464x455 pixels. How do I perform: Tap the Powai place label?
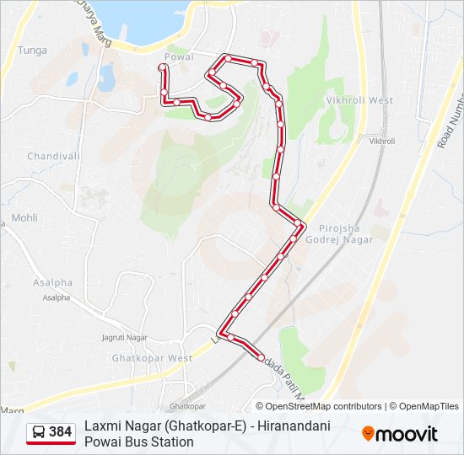click(x=179, y=56)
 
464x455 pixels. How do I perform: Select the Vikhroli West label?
click(x=359, y=100)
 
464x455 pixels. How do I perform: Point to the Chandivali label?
click(x=53, y=156)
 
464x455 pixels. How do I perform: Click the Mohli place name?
click(x=24, y=217)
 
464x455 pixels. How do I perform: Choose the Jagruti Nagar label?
click(x=124, y=337)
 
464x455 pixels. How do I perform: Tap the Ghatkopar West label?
click(x=152, y=358)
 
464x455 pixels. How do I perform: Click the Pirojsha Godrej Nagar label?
click(x=346, y=234)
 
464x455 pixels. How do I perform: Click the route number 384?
click(x=60, y=432)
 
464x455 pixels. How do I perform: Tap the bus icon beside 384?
click(x=39, y=432)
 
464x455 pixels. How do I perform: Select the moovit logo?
click(x=400, y=434)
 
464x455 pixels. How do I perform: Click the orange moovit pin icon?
click(x=368, y=434)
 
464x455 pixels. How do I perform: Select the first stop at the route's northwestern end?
click(x=164, y=66)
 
